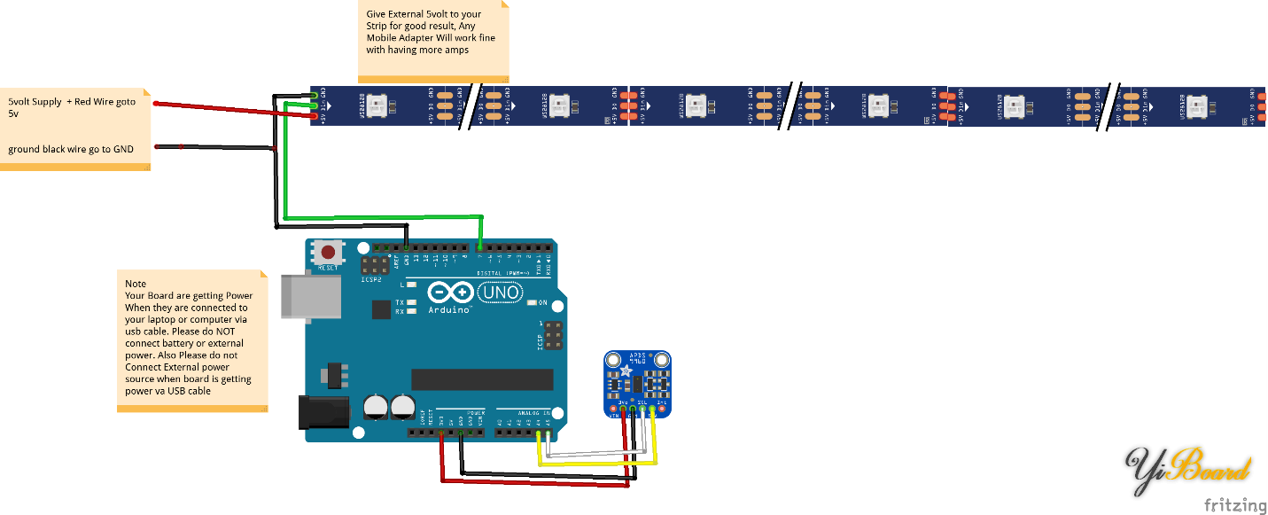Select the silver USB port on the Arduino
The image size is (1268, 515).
coord(311,295)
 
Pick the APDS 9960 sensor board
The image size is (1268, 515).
coord(638,383)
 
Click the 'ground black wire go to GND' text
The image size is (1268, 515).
coord(71,149)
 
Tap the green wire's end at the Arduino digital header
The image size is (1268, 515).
coord(480,247)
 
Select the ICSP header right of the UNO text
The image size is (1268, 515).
coord(553,336)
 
